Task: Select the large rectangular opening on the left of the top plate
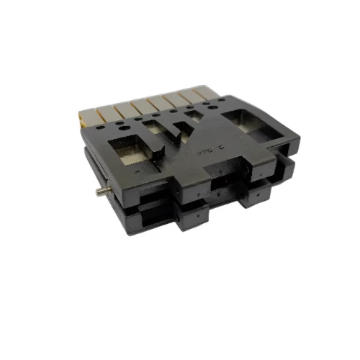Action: [x=129, y=152]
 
